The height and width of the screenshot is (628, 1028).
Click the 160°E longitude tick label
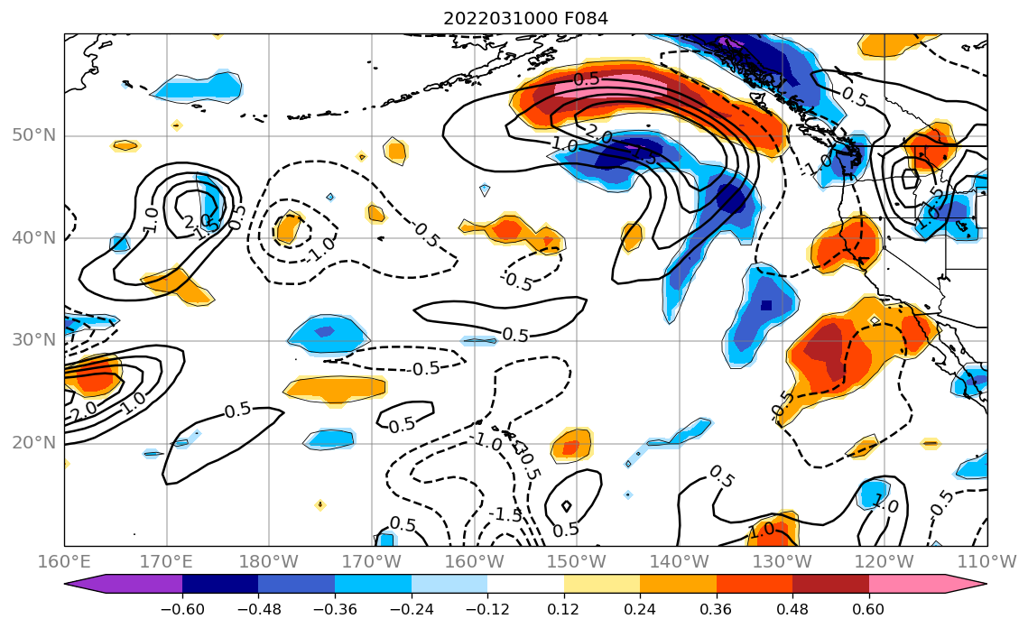point(65,559)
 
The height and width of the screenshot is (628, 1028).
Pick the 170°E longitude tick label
point(167,559)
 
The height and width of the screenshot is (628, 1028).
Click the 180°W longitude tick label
point(269,559)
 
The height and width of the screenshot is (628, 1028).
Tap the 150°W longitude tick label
point(577,559)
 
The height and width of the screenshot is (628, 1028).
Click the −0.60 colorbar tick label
point(182,609)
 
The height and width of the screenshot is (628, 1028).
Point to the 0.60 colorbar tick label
point(868,609)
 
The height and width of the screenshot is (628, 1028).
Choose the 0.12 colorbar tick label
point(563,609)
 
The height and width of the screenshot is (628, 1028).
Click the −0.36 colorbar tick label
point(335,609)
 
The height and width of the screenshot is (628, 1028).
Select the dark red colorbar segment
point(830,584)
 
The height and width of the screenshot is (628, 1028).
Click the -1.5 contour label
point(505,514)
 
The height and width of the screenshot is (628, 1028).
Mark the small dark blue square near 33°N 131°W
point(766,305)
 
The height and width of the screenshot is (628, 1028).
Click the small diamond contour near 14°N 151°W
point(567,506)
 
